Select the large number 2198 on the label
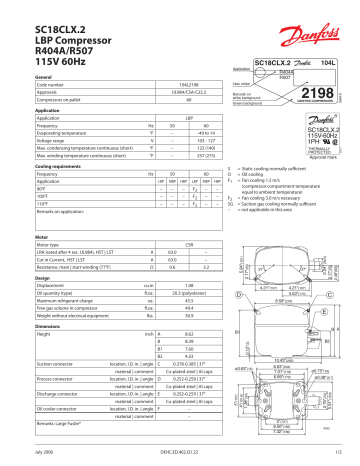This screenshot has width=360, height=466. (312, 93)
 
